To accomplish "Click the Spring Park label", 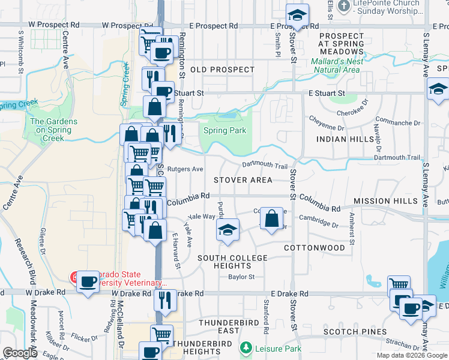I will [x=224, y=131].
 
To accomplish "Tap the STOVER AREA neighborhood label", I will [x=243, y=180].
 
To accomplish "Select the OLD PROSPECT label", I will [x=223, y=70].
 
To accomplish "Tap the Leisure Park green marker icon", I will [x=246, y=347].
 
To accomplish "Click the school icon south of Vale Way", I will [x=228, y=230].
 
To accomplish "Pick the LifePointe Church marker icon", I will [x=344, y=7].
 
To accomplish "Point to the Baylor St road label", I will [x=241, y=277].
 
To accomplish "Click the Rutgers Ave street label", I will [x=185, y=169].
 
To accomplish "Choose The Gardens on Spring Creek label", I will [x=53, y=130].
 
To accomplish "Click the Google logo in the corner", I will [x=20, y=353].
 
